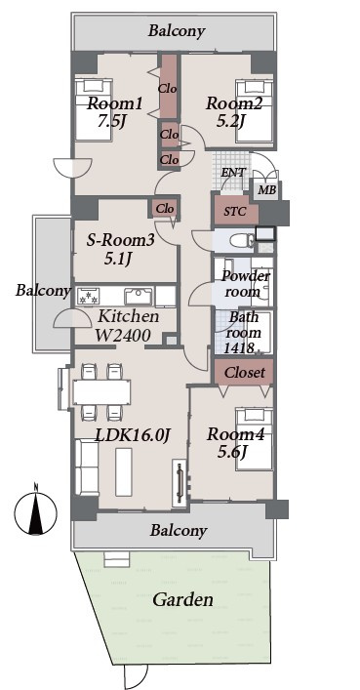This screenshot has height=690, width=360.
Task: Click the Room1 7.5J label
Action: (114, 112)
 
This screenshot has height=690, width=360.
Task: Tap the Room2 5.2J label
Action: (234, 112)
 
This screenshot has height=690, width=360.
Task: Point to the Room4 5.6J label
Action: (235, 443)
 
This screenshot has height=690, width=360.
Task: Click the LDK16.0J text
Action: (133, 434)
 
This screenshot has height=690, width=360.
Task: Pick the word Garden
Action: (182, 599)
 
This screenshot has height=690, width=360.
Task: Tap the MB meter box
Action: (266, 190)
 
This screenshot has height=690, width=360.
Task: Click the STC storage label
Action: (235, 212)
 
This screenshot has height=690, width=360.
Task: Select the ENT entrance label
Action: (233, 173)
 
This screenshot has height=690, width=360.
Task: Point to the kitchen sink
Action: (139, 296)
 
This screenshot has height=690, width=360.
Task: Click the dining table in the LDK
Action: (101, 391)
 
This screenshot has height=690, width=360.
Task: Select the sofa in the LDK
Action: (87, 467)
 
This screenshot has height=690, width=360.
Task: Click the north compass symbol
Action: (36, 510)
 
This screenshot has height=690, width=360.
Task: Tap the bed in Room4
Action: (254, 439)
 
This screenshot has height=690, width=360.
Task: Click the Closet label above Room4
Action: (245, 373)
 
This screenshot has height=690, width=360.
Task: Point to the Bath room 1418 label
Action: (242, 333)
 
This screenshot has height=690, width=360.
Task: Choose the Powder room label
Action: (245, 283)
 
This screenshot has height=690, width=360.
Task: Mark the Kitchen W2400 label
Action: (128, 326)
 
